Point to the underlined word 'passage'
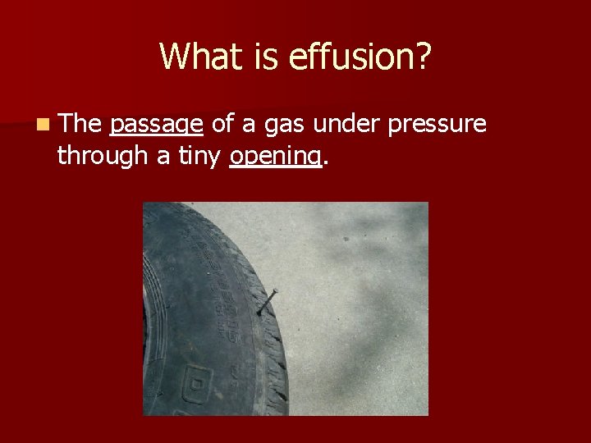[x=156, y=125]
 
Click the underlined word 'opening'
[x=274, y=157]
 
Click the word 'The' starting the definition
[x=80, y=124]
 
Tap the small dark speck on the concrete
[x=346, y=239]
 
